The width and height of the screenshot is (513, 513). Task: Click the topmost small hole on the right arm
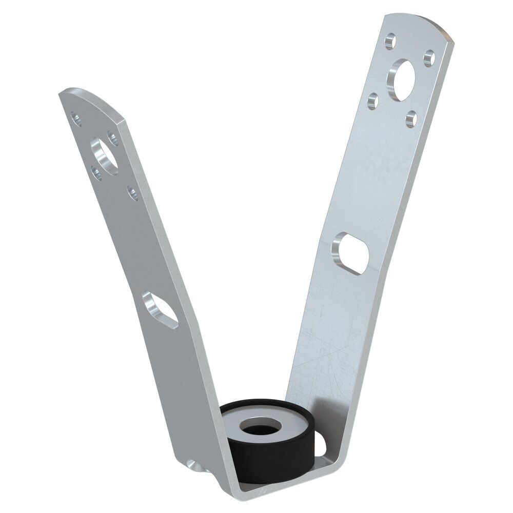point(390,39)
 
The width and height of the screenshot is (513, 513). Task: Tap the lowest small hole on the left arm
point(132,193)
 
